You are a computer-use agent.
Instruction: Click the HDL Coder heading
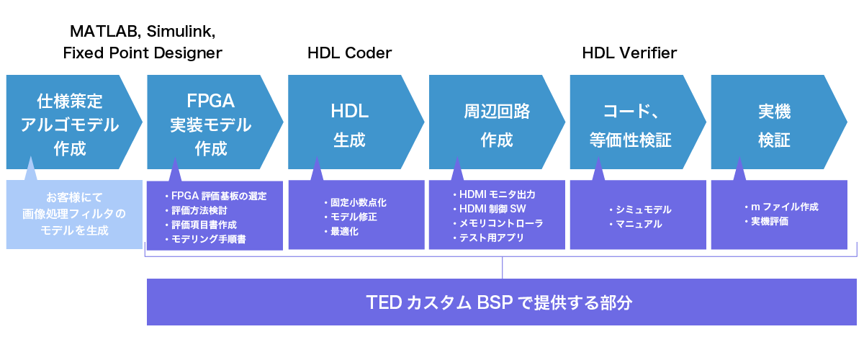click(x=349, y=53)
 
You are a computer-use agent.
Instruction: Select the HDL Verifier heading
click(x=629, y=53)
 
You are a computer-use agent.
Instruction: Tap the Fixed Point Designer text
click(x=143, y=53)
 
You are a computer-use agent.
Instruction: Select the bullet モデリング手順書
click(x=209, y=238)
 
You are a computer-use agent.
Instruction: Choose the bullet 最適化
click(x=344, y=231)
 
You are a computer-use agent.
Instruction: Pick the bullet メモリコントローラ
click(x=501, y=223)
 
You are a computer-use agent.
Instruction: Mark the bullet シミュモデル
click(x=643, y=210)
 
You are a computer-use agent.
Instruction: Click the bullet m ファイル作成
click(x=784, y=207)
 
